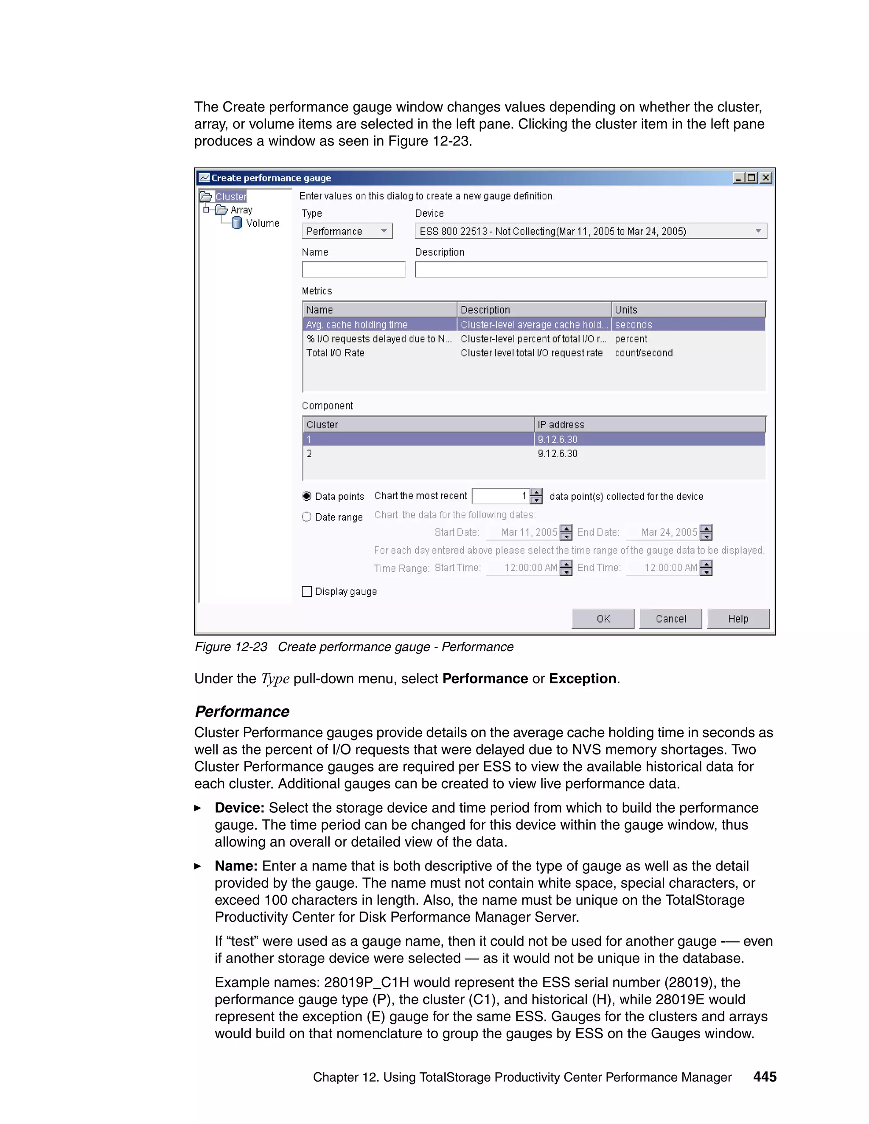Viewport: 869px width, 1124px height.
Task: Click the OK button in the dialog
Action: pos(603,618)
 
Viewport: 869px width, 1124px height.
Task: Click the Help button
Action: pos(738,618)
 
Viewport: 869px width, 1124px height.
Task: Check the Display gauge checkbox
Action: pos(307,591)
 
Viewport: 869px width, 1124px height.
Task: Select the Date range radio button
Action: pos(307,517)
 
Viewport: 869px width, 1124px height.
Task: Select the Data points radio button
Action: pos(307,496)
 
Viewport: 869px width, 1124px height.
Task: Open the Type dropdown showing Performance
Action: pos(347,231)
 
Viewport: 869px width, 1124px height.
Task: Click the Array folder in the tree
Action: pos(241,210)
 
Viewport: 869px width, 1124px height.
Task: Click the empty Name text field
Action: pos(353,270)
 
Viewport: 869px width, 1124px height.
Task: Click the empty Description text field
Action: pos(591,270)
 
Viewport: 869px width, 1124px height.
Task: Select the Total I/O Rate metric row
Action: pos(335,353)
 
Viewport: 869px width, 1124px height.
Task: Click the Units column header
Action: pos(688,310)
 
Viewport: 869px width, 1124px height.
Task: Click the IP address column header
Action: pos(649,425)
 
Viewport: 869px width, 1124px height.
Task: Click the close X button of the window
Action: pos(766,178)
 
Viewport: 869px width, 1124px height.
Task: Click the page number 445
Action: pos(765,1076)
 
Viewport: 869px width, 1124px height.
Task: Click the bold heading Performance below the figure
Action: pos(242,711)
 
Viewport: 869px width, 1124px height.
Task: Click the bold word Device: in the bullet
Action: pos(239,808)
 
